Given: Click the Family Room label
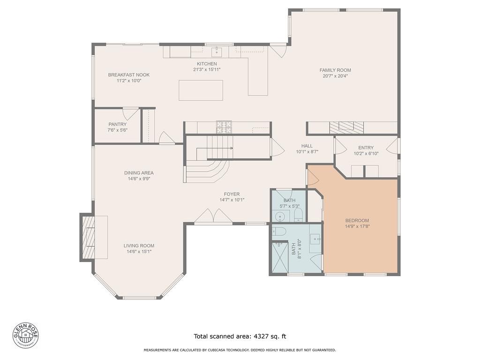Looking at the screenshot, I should tap(335, 70).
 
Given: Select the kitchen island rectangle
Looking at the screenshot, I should tap(201, 90).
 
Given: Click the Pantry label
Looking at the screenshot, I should tap(117, 124).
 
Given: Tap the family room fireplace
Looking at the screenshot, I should tap(346, 127).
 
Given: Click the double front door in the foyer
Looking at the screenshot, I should tap(213, 217).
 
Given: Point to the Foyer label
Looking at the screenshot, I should tap(232, 194).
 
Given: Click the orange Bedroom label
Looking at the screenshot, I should tap(357, 221).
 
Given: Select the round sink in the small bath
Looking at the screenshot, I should tap(280, 217).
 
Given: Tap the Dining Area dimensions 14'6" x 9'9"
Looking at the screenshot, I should tap(139, 179).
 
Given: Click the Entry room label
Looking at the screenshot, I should tap(366, 148).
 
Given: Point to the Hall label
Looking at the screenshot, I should tap(307, 146).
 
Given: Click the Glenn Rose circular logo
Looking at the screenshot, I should tap(25, 336).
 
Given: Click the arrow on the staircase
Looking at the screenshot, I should tap(231, 148).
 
